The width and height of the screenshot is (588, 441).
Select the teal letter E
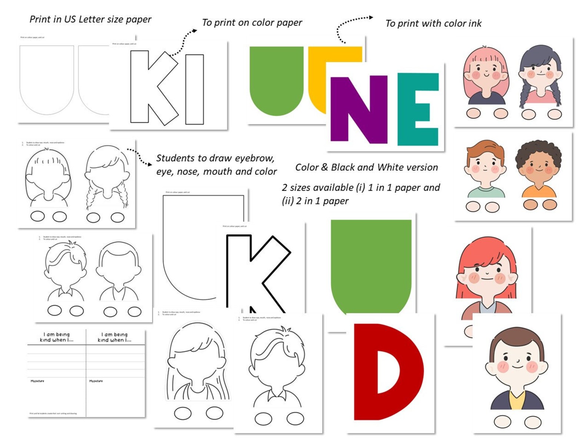point(418,109)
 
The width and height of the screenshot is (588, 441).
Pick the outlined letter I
point(194,89)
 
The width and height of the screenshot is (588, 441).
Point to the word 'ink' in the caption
point(474,23)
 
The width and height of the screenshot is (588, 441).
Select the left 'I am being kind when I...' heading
point(57,337)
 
